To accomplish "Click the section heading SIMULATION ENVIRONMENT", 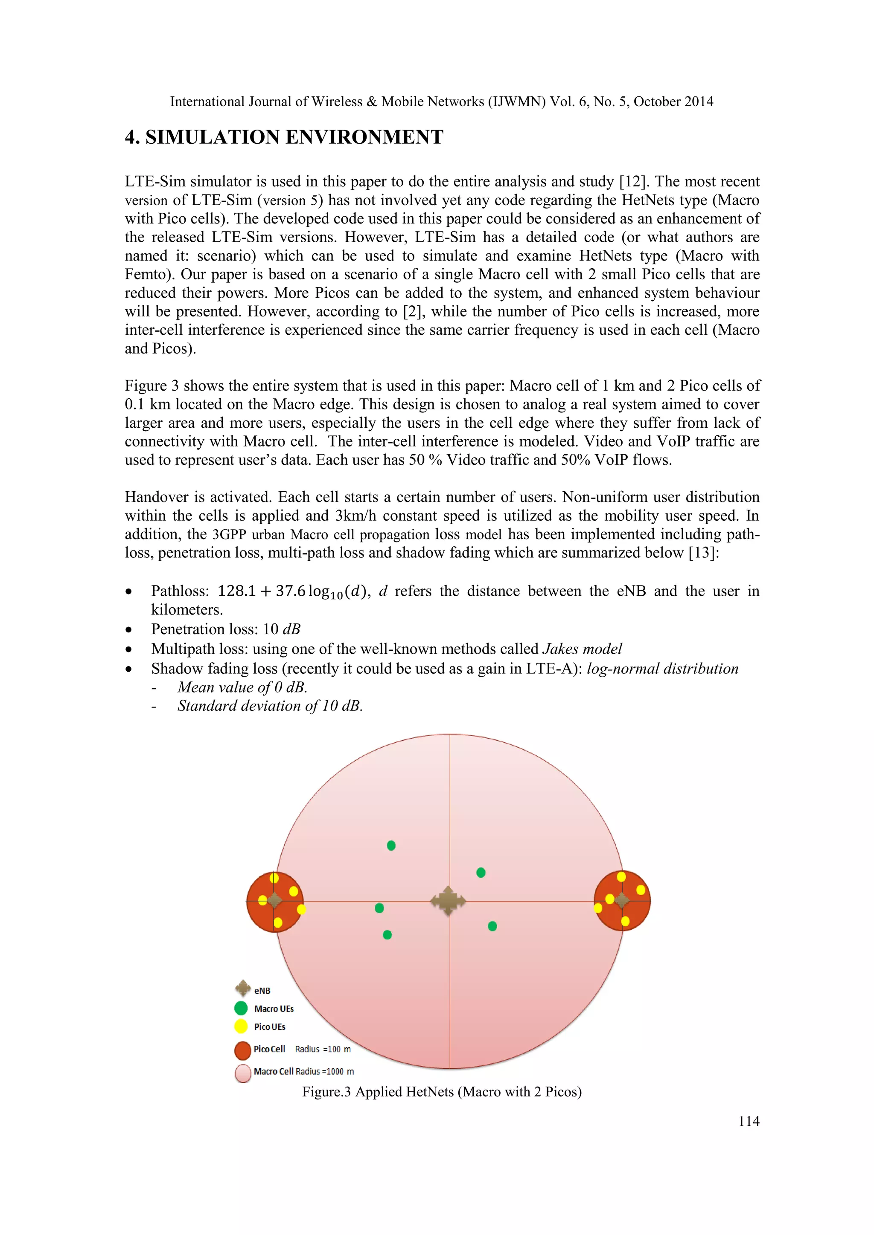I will tap(294, 137).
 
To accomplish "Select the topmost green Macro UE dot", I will tap(391, 846).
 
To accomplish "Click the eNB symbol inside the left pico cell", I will tap(274, 900).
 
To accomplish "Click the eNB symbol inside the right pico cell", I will tap(622, 900).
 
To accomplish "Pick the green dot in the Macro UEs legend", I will tap(241, 1009).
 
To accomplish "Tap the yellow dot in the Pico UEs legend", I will tap(241, 1026).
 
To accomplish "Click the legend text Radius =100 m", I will tap(323, 1049).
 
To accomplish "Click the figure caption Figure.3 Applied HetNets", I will tap(441, 1092).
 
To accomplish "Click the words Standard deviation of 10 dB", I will tap(270, 706).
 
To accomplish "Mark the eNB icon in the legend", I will tap(243, 988).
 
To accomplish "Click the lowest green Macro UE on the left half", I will tap(387, 935).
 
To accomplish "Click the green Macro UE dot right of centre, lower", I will tap(492, 926).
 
